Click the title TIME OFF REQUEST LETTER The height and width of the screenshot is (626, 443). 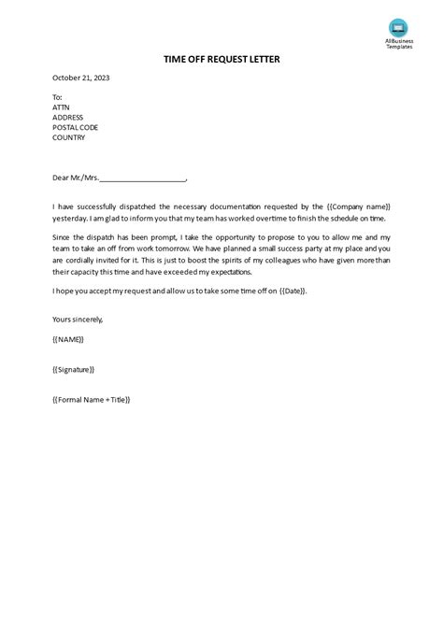(221, 59)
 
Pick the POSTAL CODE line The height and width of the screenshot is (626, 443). (76, 127)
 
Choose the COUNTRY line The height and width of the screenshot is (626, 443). (69, 137)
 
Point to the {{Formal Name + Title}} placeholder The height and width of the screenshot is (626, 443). (92, 399)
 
